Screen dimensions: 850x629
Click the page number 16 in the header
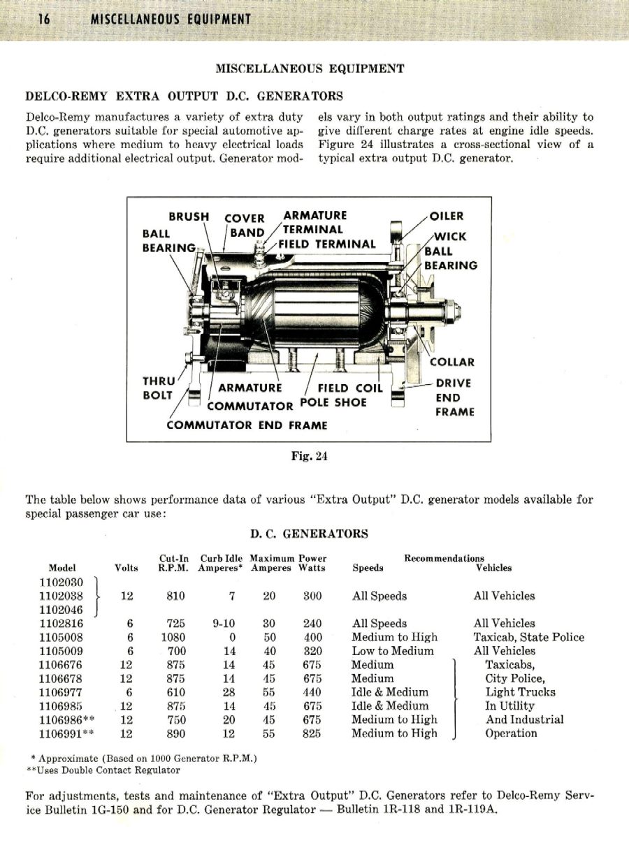(x=43, y=19)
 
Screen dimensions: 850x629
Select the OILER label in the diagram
(x=447, y=216)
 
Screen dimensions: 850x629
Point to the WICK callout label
(x=451, y=236)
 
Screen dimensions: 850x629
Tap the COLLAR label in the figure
(x=451, y=362)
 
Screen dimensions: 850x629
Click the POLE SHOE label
(x=333, y=402)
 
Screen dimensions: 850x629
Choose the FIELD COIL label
(x=350, y=388)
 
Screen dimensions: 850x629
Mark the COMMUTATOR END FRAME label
(x=247, y=425)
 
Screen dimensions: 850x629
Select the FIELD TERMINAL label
(x=327, y=244)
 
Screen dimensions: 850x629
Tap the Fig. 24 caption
(x=309, y=457)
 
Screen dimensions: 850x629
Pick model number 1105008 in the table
(x=61, y=637)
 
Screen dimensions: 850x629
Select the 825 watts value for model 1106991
(x=312, y=733)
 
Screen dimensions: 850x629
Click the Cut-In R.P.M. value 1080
(x=173, y=637)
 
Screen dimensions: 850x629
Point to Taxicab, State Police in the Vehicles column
(x=528, y=637)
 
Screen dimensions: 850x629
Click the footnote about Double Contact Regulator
(x=103, y=770)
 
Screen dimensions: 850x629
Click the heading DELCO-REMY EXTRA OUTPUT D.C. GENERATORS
(x=184, y=96)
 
